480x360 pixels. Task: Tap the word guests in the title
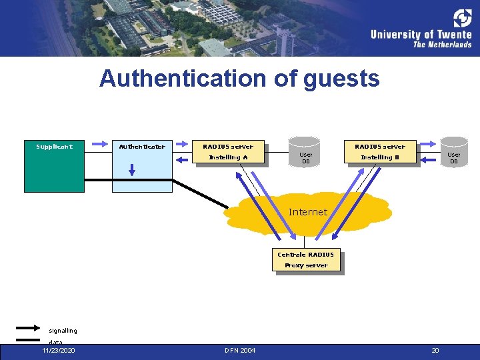point(341,79)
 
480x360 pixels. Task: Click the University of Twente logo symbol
point(462,18)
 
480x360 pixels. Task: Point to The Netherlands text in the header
point(442,45)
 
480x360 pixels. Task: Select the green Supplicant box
point(54,166)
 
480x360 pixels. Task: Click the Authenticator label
point(141,146)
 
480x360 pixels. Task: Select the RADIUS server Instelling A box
point(228,152)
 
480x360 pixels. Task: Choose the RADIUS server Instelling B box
point(380,152)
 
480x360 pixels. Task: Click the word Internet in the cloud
point(308,212)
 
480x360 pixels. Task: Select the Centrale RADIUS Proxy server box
point(306,260)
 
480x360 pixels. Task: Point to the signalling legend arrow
point(27,327)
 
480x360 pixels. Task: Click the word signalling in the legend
point(63,331)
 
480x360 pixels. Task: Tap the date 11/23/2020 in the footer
point(59,350)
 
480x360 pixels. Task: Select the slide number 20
point(435,350)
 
